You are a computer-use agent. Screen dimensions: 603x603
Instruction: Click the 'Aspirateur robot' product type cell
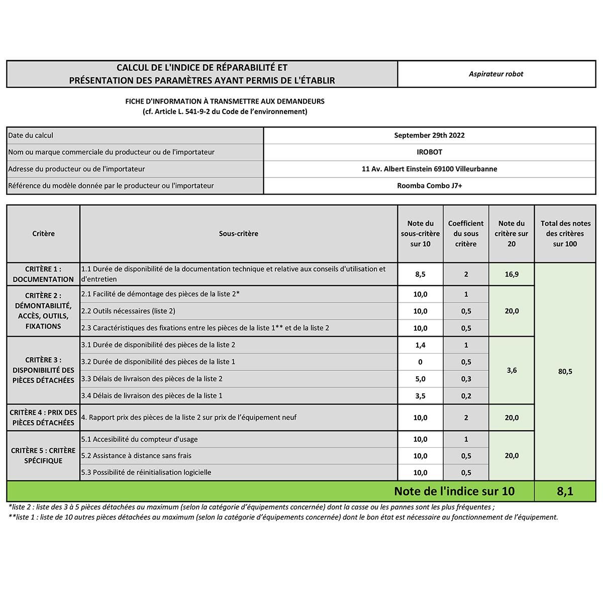pos(496,74)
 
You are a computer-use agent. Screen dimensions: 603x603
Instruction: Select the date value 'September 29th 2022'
pos(429,135)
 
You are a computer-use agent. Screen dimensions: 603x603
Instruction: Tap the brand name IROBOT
pos(429,152)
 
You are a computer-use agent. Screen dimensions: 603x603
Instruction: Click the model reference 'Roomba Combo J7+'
pos(429,185)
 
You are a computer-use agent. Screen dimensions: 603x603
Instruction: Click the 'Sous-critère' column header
pos(239,234)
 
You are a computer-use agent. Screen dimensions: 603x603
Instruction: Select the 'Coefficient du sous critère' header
pos(466,234)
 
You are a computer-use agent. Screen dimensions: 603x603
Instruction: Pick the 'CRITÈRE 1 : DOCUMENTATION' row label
pos(43,274)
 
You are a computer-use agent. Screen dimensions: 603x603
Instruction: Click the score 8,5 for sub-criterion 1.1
pos(420,274)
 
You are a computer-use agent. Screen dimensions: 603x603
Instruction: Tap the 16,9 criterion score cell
pos(512,274)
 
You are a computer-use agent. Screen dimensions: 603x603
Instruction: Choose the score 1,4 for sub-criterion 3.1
pos(420,345)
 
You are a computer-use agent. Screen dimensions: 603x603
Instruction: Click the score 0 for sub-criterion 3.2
pos(420,362)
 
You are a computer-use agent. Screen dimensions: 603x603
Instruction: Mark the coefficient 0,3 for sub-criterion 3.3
pos(466,379)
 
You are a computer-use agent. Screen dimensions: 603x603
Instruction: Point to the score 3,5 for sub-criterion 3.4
pos(420,396)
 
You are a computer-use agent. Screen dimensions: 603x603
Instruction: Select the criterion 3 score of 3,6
pos(512,370)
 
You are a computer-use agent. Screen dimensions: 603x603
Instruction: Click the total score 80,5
pos(565,371)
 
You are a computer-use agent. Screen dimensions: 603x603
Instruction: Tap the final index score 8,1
pos(565,491)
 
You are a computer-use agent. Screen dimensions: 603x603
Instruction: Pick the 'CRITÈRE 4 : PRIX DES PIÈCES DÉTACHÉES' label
pos(43,418)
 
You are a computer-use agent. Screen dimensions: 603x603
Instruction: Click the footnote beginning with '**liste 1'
pos(283,517)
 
